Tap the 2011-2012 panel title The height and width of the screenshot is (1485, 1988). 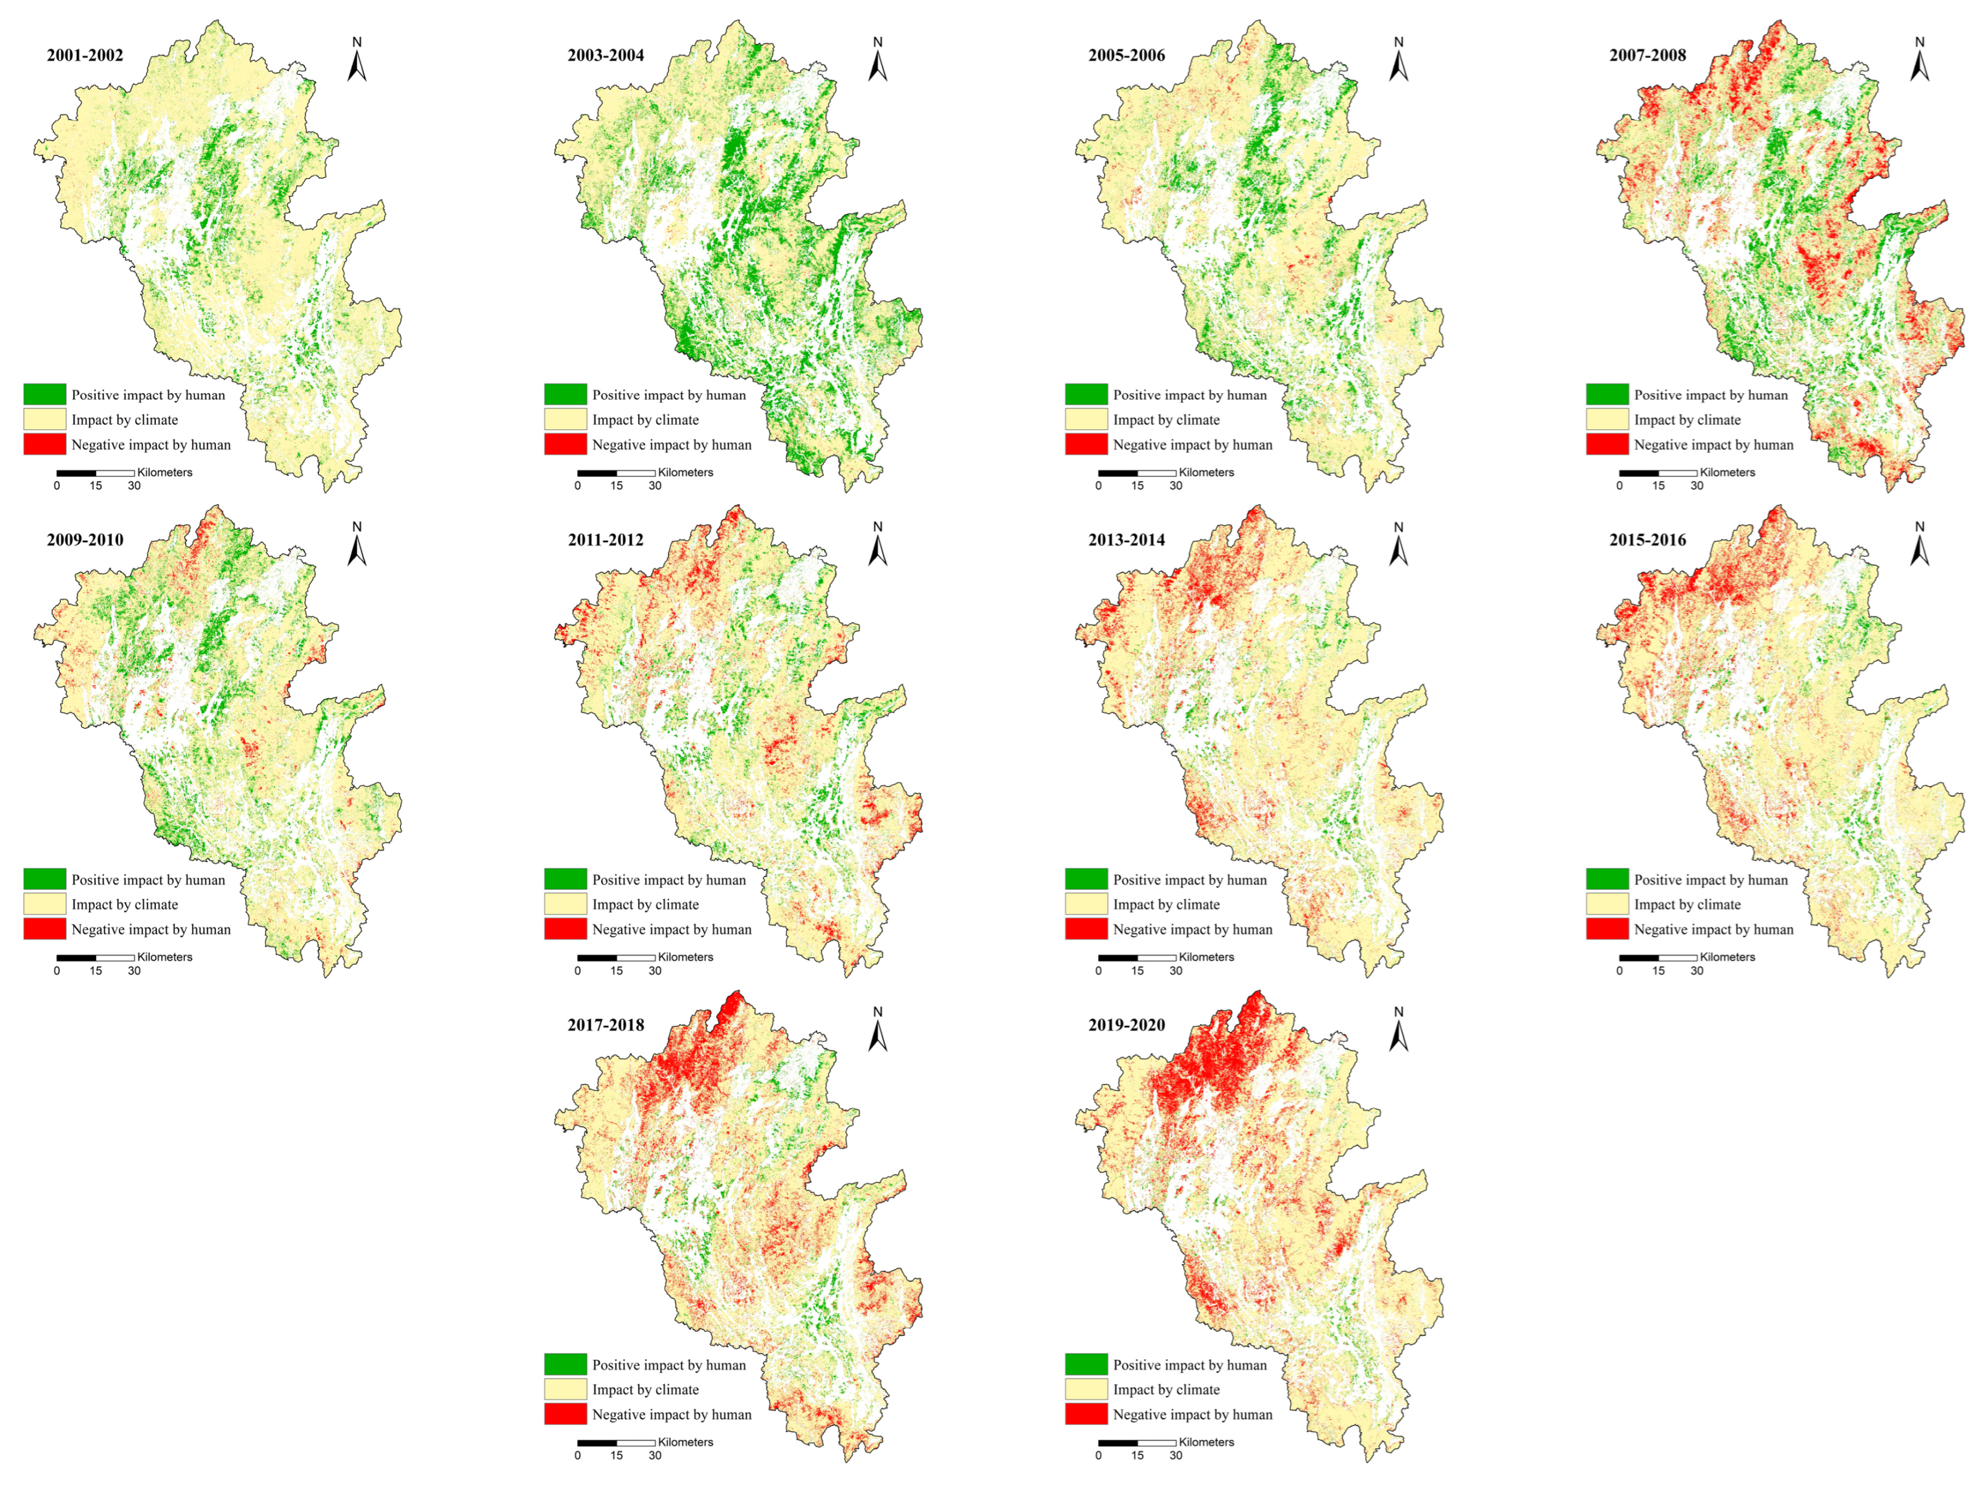(x=606, y=540)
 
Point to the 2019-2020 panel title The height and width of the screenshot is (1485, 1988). (x=1126, y=1025)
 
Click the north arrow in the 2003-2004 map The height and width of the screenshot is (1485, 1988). (x=877, y=60)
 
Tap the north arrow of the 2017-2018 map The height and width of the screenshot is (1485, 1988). (x=877, y=1030)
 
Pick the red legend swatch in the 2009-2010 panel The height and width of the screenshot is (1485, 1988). (x=44, y=929)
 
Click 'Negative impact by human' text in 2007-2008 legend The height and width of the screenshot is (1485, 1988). (x=1713, y=445)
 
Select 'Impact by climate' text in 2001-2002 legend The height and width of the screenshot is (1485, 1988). (x=125, y=420)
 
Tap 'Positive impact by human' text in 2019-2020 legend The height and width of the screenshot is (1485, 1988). (x=1190, y=1364)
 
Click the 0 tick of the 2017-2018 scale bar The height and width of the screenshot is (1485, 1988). (x=578, y=1455)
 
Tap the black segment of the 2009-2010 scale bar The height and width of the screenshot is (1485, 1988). (x=77, y=958)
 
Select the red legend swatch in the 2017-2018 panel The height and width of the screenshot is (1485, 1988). (x=565, y=1414)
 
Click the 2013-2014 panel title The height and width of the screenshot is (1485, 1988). (x=1126, y=540)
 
